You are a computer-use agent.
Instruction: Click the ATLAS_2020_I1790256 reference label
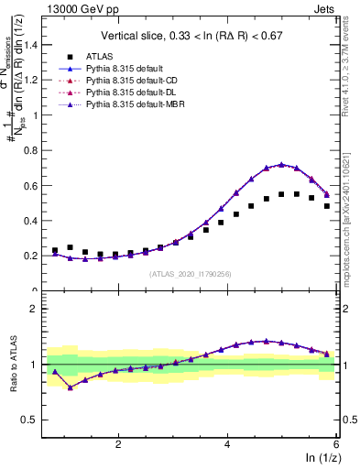click(x=191, y=274)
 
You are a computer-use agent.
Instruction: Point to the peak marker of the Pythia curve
click(x=282, y=165)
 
